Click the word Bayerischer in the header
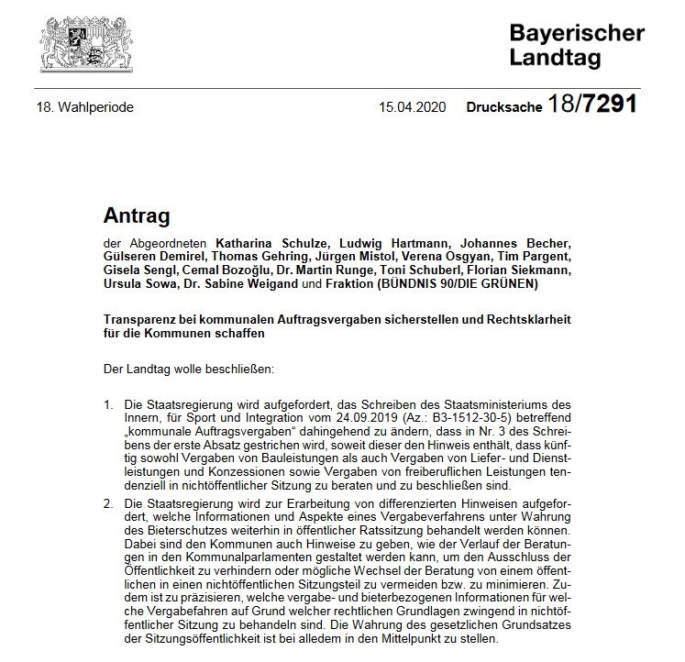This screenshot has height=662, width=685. [x=577, y=34]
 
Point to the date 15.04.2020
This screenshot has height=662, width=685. [x=412, y=107]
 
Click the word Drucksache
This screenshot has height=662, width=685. [x=505, y=107]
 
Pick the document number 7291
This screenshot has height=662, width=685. [x=605, y=105]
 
